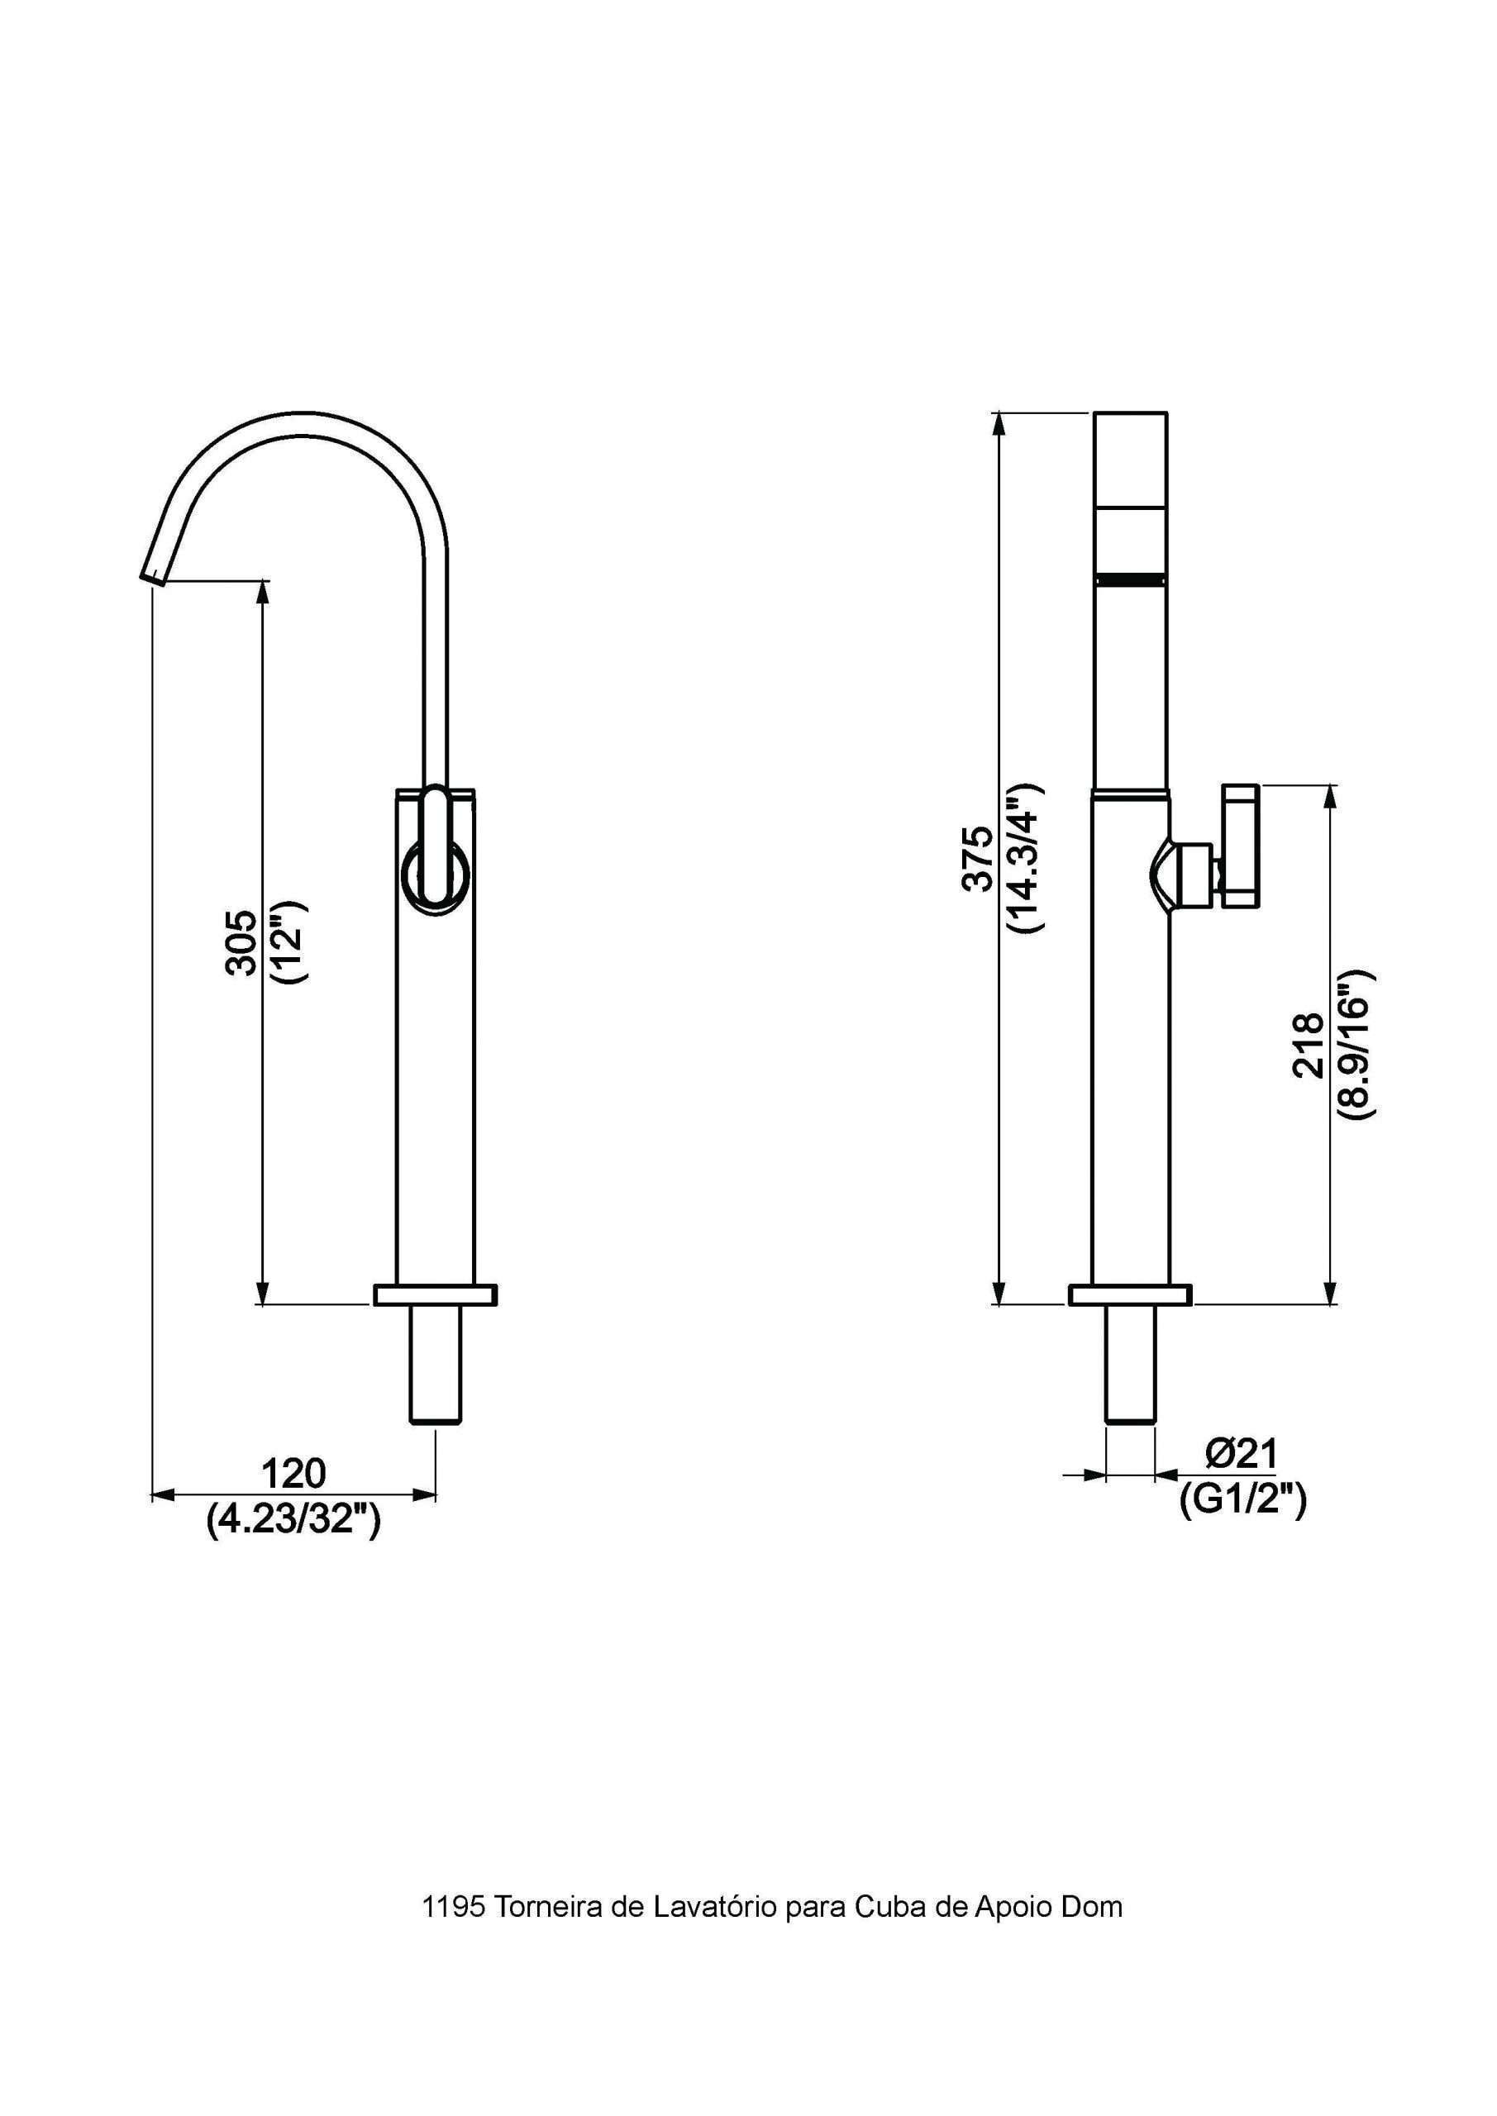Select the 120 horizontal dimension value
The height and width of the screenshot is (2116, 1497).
pos(294,1474)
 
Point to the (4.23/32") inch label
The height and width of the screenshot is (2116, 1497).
pos(294,1518)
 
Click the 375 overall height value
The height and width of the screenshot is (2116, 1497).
pos(977,858)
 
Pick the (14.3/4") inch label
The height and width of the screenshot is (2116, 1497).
pos(1024,858)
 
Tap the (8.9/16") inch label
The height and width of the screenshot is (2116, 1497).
pos(1355,1044)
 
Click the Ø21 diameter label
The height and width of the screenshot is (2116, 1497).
pos(1241,1453)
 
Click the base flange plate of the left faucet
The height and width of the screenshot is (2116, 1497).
pos(435,1294)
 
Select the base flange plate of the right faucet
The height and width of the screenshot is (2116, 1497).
pos(1129,1294)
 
